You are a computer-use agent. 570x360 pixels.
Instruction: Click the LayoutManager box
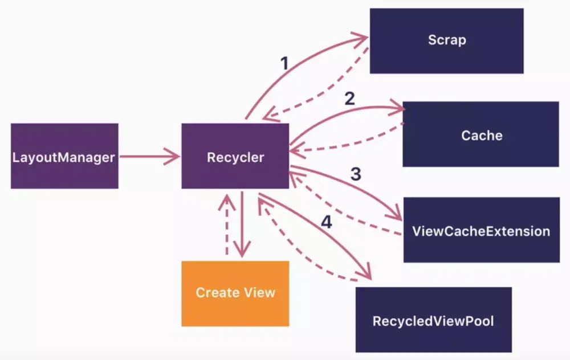(64, 156)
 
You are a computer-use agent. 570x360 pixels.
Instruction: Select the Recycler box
(235, 156)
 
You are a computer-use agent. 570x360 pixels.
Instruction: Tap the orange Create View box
(235, 293)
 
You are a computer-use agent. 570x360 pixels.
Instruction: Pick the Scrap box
(446, 40)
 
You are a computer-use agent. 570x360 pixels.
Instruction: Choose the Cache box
(481, 134)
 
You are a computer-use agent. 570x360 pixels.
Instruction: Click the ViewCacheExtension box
(481, 230)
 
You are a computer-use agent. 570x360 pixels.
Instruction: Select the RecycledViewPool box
(433, 320)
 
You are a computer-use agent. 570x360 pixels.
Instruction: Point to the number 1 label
(284, 63)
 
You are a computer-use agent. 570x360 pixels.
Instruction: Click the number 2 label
(350, 98)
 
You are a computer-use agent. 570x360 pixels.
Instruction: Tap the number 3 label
(356, 174)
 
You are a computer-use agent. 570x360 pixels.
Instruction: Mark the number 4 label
(327, 222)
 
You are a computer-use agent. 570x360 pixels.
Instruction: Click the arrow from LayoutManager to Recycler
(150, 156)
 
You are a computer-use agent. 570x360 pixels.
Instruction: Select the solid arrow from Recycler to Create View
(242, 224)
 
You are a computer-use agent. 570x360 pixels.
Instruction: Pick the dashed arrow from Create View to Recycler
(226, 224)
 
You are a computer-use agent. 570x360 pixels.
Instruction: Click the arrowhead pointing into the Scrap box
(360, 38)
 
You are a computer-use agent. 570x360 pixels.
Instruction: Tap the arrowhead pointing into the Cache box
(397, 108)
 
